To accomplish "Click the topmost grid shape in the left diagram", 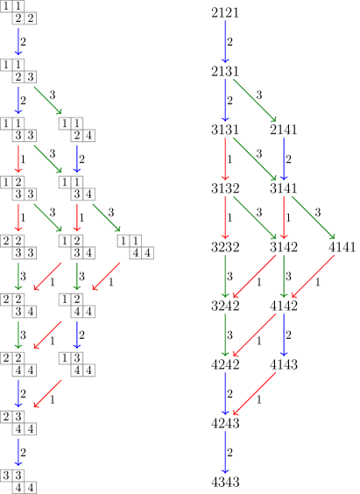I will coord(18,12).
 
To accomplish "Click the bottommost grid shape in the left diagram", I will coord(18,481).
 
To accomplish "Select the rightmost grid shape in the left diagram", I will coord(135,246).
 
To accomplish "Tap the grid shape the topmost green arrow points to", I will coord(76,129).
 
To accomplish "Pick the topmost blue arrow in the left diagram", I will coord(18,41).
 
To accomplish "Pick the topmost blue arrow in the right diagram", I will coord(225,42).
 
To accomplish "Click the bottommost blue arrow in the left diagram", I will coord(18,451).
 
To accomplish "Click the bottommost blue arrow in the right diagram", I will coord(225,452).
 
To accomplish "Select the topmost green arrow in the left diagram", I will coord(47,100).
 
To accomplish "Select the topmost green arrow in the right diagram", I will coord(254,100).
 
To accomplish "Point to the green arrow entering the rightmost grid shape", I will coord(106,217).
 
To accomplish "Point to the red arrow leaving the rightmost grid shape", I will coord(106,276).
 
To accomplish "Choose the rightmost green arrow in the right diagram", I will coord(313,217).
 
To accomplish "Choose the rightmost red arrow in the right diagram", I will coord(313,276).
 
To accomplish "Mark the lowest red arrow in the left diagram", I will coord(47,393).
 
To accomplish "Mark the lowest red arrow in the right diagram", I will coord(254,393).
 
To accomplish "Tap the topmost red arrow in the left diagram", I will coord(18,159).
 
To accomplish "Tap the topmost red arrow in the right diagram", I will coord(225,159).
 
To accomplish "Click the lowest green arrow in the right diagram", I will coord(225,335).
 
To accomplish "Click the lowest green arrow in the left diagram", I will coord(18,335).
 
